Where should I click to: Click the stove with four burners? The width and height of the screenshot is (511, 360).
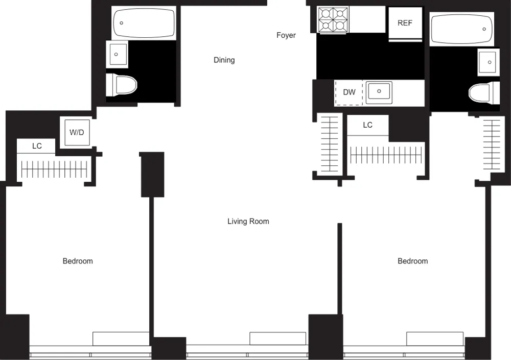333,19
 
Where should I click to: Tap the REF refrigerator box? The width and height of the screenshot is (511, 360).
405,23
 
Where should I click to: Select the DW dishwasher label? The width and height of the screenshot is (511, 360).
349,92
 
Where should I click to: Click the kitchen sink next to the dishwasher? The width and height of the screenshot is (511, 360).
379,92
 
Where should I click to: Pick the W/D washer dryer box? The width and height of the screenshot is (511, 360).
77,133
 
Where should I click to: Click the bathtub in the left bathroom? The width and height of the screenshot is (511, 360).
144,23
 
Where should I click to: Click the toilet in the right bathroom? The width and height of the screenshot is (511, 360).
484,93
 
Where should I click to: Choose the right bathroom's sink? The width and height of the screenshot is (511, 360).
489,62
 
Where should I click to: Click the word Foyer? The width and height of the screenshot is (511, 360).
286,35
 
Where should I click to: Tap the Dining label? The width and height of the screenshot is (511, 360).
224,60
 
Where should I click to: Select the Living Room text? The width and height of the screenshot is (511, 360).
248,222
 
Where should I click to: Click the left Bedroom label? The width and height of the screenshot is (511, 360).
78,261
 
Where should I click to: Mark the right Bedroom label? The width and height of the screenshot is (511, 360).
412,261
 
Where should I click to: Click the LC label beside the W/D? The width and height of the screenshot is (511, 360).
37,146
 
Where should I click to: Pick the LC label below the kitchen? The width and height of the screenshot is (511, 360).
367,125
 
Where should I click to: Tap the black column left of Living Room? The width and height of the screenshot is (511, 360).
152,174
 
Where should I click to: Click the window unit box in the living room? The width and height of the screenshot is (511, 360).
277,339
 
